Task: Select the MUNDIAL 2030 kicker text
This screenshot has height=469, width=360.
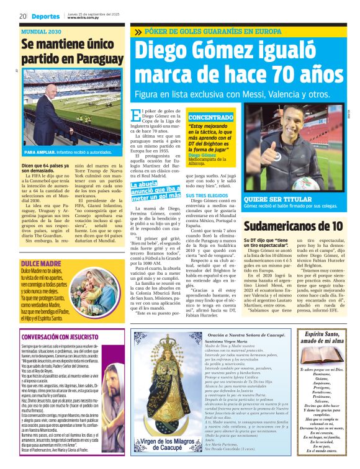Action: [x=42, y=30]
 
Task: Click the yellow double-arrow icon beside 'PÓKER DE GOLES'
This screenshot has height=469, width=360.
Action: [x=137, y=32]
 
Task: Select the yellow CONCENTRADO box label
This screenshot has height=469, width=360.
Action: [x=211, y=117]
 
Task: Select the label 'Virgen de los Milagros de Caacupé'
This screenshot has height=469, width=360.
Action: [x=164, y=444]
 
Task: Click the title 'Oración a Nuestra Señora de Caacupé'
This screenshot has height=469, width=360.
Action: [x=248, y=336]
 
